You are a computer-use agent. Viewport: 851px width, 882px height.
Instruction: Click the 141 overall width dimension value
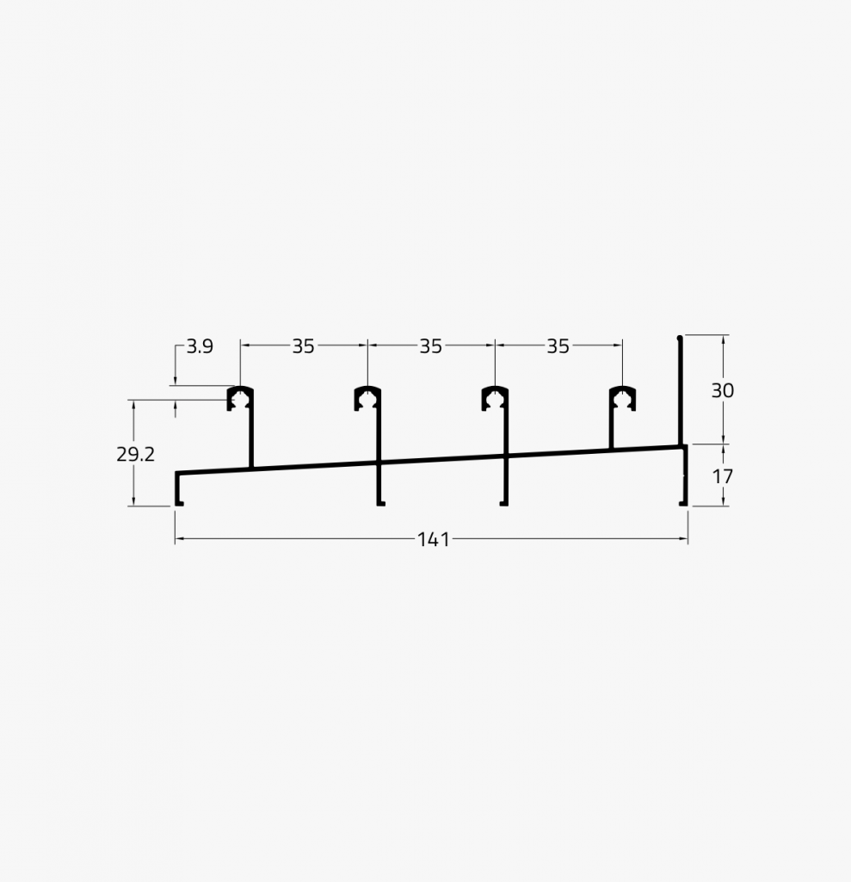click(x=434, y=540)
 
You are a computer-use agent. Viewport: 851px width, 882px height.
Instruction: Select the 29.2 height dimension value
click(x=135, y=454)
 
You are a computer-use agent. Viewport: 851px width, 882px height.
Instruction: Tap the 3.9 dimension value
click(x=199, y=346)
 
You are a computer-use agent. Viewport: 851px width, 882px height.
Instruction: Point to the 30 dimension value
click(x=722, y=390)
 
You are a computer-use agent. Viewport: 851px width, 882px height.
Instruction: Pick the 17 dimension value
click(x=722, y=475)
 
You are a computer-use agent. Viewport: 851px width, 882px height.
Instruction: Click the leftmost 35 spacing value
click(x=303, y=346)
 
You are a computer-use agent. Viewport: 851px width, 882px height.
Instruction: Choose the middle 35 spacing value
click(x=430, y=346)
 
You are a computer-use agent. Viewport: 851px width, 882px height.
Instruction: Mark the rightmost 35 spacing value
click(x=558, y=346)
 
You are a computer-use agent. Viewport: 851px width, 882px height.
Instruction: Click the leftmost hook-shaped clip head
click(x=241, y=397)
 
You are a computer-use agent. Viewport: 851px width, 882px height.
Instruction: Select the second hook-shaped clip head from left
click(x=368, y=397)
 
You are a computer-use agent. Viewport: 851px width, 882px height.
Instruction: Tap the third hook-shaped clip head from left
click(x=495, y=397)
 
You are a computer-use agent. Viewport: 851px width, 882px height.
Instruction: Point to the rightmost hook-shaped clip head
click(x=622, y=397)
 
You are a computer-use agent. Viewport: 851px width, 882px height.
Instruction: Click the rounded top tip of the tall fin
click(x=680, y=338)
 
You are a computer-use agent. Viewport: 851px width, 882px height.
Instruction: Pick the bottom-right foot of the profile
click(x=683, y=503)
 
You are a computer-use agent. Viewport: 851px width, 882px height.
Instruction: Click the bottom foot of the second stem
click(x=379, y=503)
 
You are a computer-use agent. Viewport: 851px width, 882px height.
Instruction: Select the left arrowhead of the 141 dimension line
click(x=179, y=540)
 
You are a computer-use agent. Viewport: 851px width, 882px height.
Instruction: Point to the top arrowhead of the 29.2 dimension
click(x=133, y=403)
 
